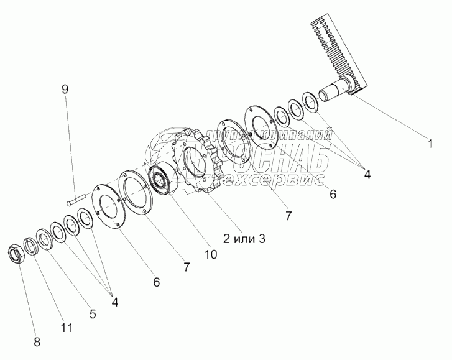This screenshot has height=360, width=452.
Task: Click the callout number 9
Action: point(65,89)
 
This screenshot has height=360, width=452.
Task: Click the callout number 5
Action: point(93,314)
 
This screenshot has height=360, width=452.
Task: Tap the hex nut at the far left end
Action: point(15,254)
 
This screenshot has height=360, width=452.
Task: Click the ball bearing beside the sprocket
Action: point(164,180)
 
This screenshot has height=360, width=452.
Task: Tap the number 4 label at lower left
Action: point(114,302)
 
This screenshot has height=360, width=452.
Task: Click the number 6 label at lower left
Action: point(156,282)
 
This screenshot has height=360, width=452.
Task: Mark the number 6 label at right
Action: point(332,195)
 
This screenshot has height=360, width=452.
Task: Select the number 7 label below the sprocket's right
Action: point(287,216)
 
